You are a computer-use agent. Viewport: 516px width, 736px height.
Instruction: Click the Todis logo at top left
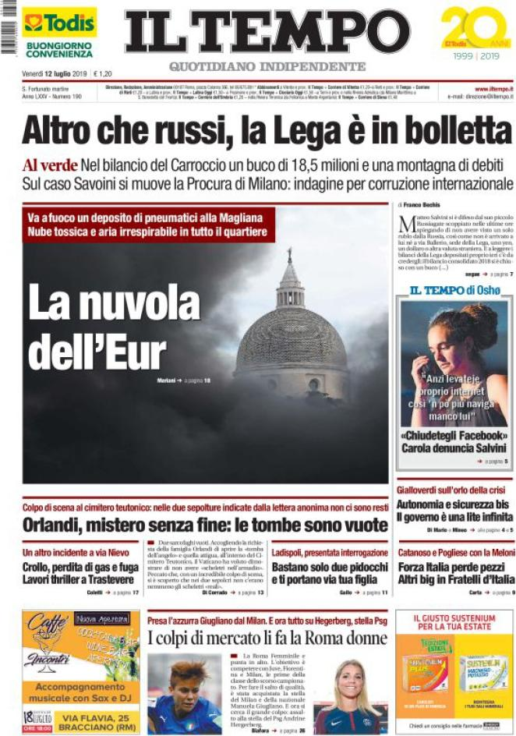point(58,23)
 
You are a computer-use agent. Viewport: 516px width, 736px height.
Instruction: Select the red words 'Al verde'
point(50,165)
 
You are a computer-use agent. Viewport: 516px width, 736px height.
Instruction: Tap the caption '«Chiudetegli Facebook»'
point(453,435)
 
